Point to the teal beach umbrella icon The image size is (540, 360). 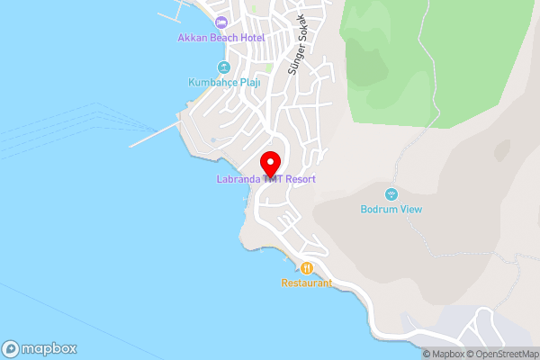(222, 67)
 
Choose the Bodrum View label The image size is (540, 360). (391, 210)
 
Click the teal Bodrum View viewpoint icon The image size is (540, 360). (391, 194)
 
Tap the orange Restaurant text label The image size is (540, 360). (306, 283)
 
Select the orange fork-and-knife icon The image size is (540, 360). (306, 267)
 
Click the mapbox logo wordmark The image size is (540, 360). (40, 348)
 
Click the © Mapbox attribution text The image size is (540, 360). (443, 354)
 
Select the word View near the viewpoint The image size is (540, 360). (409, 210)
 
